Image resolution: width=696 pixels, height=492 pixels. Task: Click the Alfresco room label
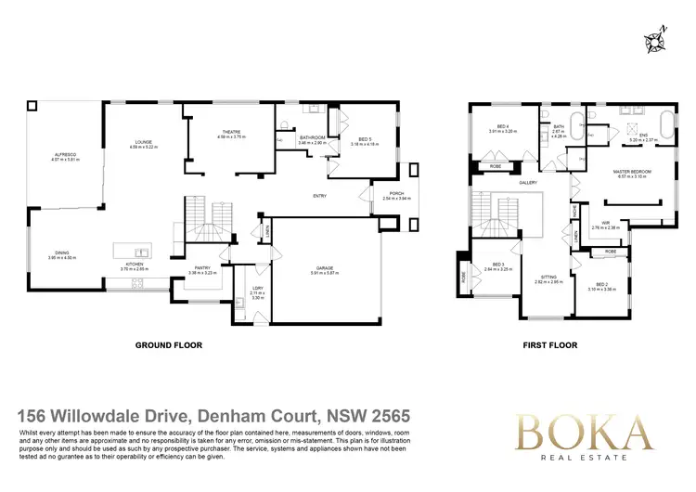click(66, 154)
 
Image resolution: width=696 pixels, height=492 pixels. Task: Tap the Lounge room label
click(142, 143)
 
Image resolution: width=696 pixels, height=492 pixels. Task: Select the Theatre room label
click(231, 132)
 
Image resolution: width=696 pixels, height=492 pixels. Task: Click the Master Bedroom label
click(632, 172)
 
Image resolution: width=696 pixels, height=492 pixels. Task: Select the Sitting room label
click(549, 277)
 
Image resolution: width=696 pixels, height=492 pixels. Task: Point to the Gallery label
click(529, 183)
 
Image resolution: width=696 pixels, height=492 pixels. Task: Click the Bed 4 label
click(502, 127)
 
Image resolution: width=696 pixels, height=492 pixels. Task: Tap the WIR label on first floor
click(604, 223)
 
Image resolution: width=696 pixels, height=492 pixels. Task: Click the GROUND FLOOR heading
click(169, 344)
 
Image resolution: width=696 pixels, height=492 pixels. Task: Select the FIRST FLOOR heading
click(551, 344)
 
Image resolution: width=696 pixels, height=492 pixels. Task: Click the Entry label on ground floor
click(320, 196)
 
